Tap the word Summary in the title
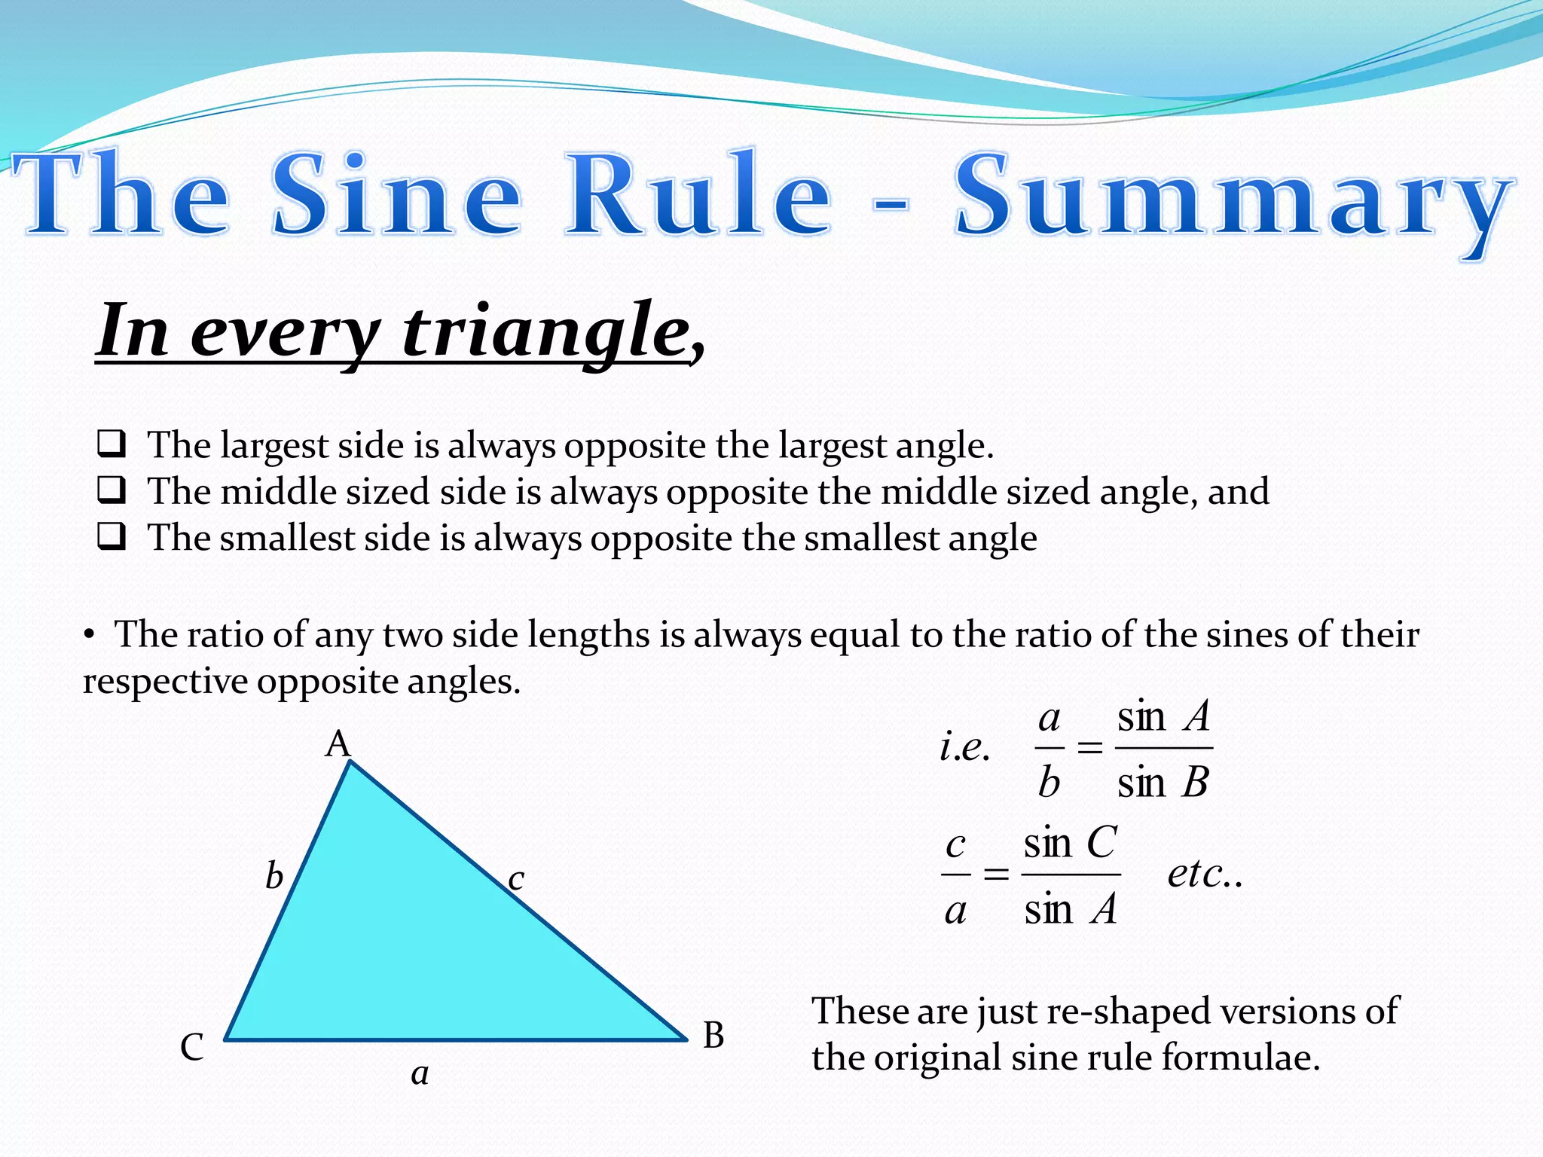point(1233,200)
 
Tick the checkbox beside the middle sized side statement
point(112,490)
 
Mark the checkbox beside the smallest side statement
point(112,537)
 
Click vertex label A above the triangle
point(338,744)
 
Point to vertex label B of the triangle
point(713,1036)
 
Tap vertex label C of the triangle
point(191,1047)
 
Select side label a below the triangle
point(420,1073)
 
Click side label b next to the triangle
point(274,876)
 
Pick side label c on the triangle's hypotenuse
point(515,878)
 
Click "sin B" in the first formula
point(1163,783)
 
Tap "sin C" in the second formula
point(1070,842)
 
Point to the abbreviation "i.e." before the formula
point(964,747)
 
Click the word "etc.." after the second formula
point(1205,874)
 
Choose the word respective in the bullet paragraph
point(165,682)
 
